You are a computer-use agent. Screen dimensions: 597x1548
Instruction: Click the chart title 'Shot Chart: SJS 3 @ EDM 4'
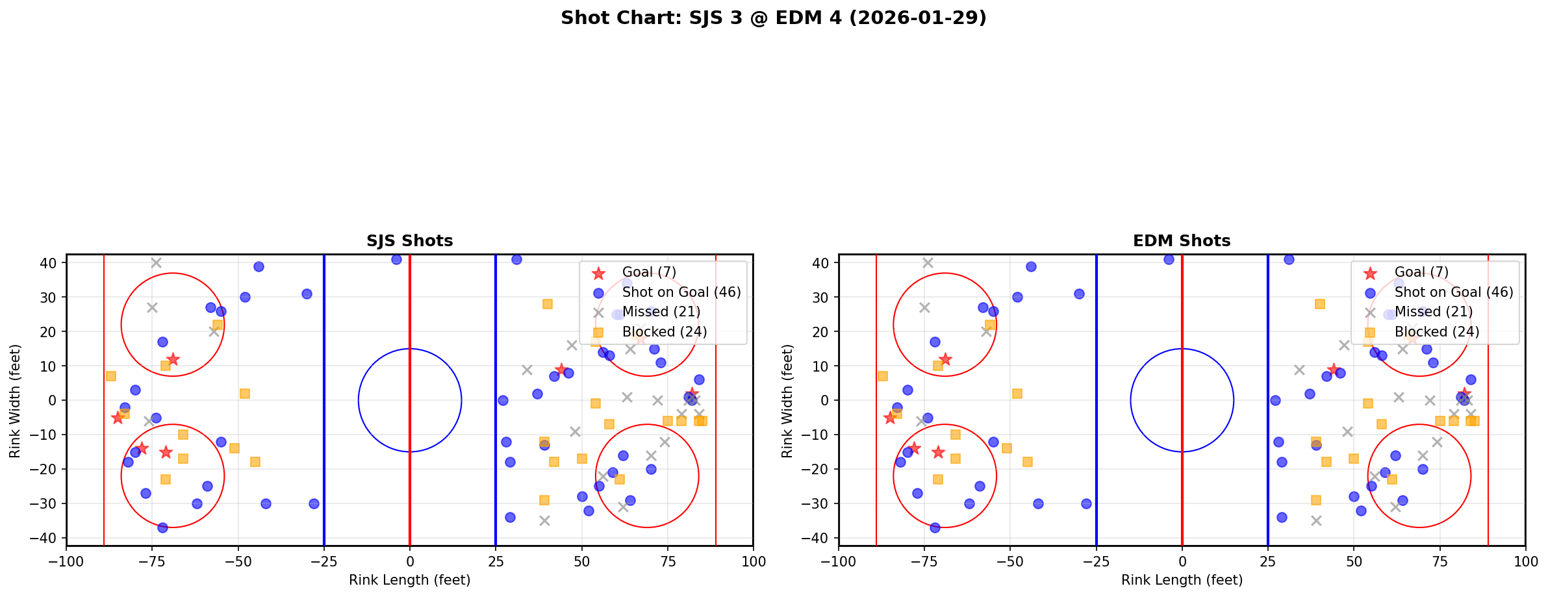pos(773,18)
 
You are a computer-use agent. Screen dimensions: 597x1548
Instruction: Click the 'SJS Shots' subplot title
pos(409,241)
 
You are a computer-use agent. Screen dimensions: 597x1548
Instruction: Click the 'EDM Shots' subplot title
pos(1181,241)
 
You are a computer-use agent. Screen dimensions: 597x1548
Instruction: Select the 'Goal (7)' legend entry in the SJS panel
pos(649,272)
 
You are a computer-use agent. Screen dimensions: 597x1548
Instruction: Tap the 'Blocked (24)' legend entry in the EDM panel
pos(1436,332)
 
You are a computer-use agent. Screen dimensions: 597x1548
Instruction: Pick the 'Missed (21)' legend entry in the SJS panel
pos(661,312)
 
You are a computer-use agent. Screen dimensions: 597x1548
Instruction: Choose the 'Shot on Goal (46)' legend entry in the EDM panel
pos(1453,292)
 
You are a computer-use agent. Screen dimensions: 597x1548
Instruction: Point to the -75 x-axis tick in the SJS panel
pos(152,561)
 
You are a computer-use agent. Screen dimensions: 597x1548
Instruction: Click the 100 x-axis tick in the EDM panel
pos(1525,561)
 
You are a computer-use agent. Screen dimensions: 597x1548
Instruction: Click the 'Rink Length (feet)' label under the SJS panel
pos(409,580)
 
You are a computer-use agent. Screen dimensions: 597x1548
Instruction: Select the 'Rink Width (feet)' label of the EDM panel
pos(787,400)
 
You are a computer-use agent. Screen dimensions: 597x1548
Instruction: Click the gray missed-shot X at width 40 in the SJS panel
pos(156,263)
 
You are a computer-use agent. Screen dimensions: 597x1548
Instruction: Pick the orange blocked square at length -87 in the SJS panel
pos(111,376)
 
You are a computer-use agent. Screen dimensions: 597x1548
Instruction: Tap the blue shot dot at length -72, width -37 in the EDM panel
pos(935,527)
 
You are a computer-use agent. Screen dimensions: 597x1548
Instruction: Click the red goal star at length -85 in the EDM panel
pos(890,418)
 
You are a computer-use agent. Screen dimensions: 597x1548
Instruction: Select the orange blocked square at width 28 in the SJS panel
pos(548,304)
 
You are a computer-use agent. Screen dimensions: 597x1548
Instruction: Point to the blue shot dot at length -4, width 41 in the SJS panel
pos(396,259)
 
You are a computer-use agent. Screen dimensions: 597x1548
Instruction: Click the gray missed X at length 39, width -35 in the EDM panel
pos(1316,521)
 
